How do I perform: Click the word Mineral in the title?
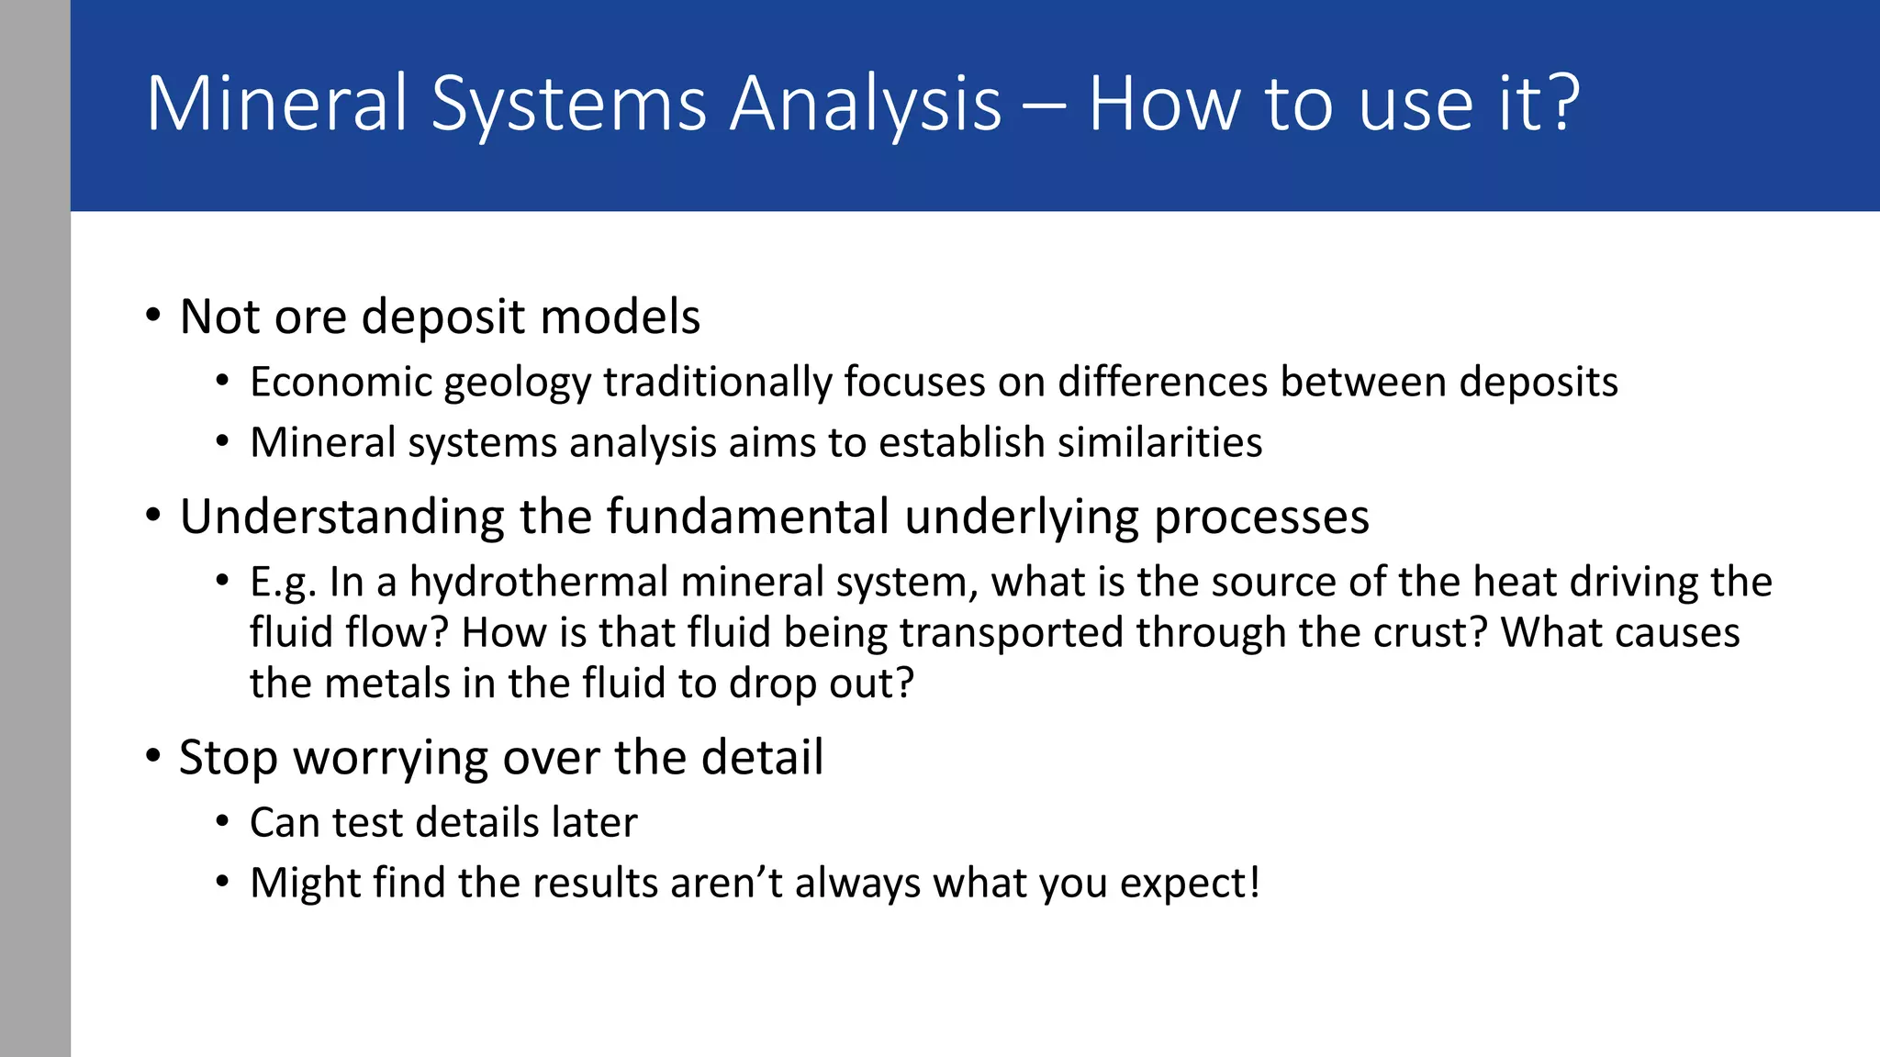276,104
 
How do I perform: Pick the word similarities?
1159,443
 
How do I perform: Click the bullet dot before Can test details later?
223,822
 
